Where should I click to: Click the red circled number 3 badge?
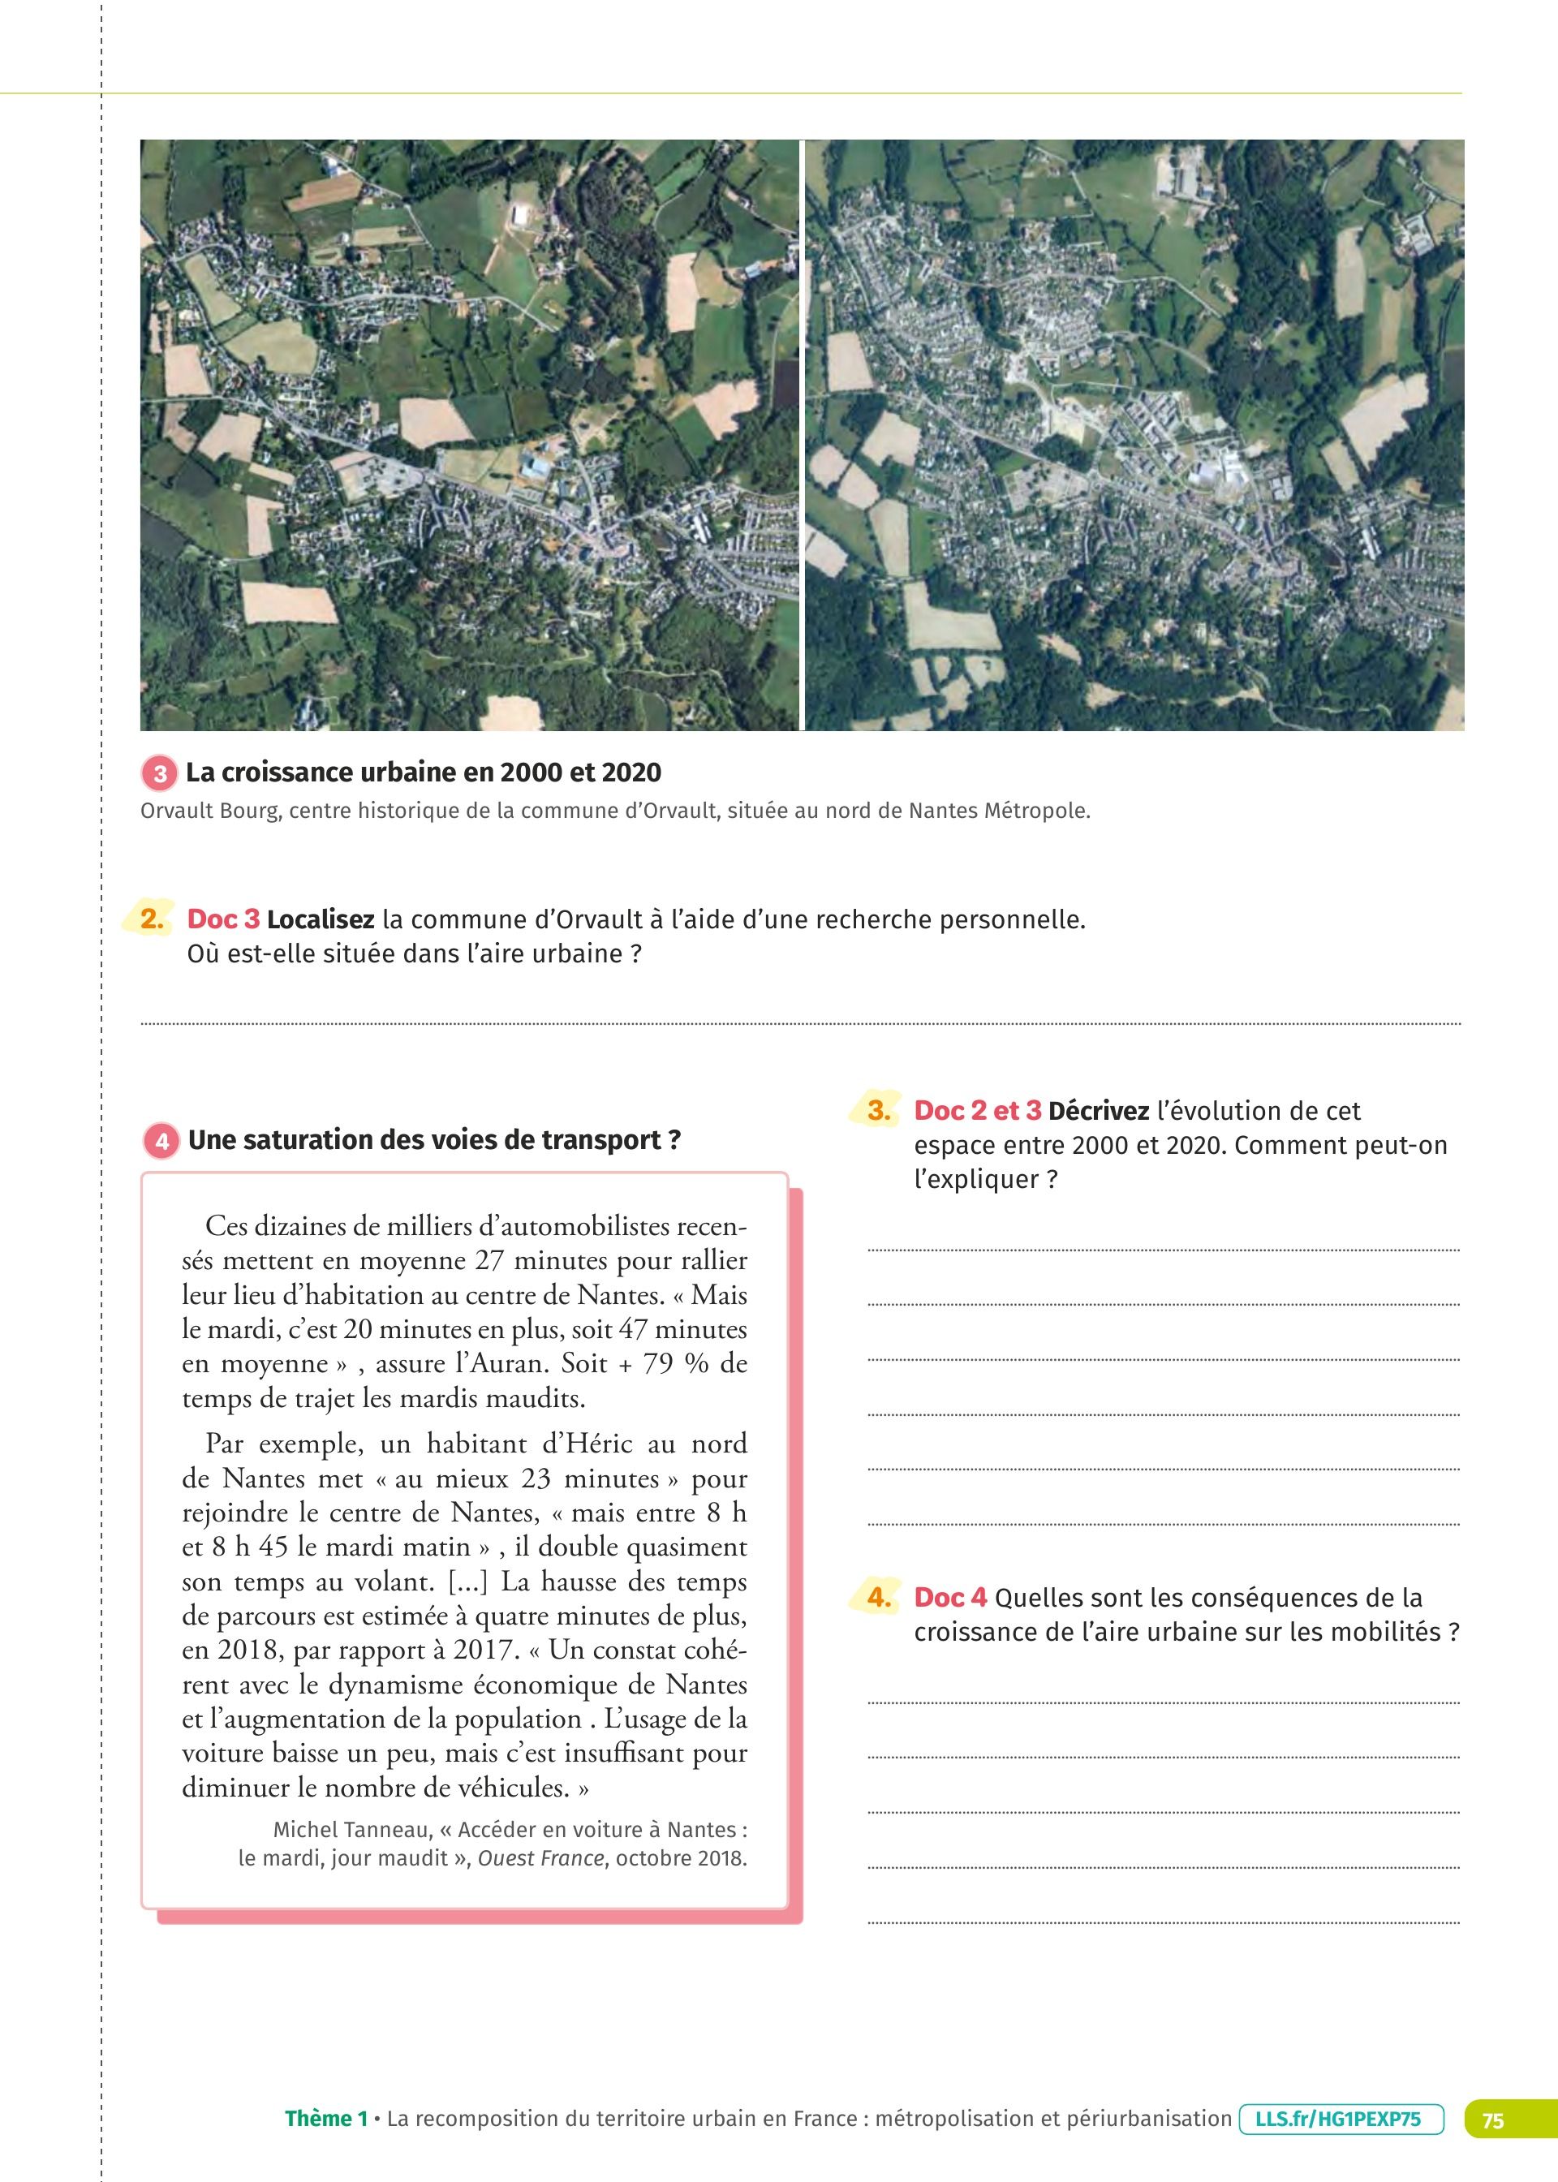coord(160,773)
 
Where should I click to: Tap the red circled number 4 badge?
coord(161,1140)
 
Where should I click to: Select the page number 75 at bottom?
coord(1493,2120)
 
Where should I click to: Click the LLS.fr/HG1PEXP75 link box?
coord(1341,2119)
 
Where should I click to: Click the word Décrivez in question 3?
coord(1099,1111)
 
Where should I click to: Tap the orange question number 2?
coord(152,919)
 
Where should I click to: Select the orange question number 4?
coord(879,1597)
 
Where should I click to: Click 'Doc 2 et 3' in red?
coord(977,1111)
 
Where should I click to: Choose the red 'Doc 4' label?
coord(949,1597)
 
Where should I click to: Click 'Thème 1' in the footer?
coord(326,2119)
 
